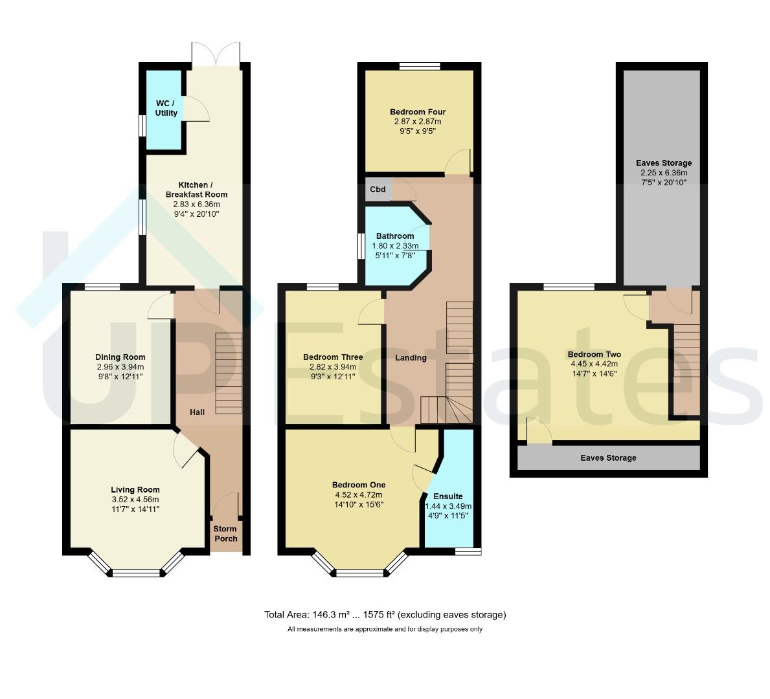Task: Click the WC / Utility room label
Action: point(166,108)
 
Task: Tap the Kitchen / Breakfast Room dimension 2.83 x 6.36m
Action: point(196,205)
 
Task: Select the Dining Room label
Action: point(120,357)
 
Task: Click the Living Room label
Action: point(135,489)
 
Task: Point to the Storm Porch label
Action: point(225,533)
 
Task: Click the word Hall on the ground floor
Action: point(198,412)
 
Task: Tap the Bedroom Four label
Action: point(418,111)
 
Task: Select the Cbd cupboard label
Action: point(378,190)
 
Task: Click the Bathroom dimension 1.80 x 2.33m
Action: point(395,246)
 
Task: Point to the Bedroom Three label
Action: point(333,357)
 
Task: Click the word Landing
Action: point(411,358)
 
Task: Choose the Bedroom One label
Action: point(359,485)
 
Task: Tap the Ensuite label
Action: point(448,496)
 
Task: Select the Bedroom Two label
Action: point(594,355)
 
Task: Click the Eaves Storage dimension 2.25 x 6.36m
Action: point(664,173)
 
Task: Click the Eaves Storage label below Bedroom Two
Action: point(609,458)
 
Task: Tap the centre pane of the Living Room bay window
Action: point(137,572)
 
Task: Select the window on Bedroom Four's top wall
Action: point(420,66)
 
